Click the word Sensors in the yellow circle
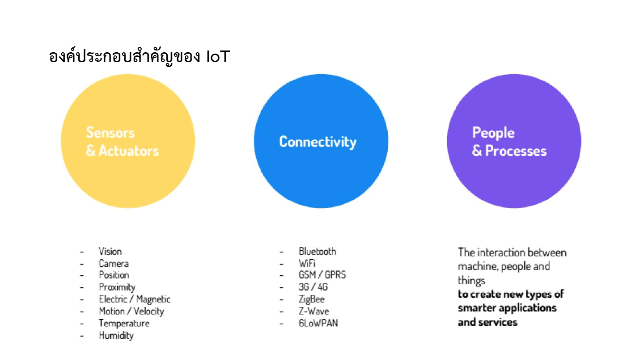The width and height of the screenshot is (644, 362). [110, 133]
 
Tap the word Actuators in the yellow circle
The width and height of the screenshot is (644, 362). [128, 151]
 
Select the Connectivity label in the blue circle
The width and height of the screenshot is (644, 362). [318, 142]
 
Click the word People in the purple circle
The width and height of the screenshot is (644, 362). [493, 133]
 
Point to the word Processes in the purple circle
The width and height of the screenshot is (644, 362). [516, 151]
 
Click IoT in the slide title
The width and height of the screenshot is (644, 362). [218, 56]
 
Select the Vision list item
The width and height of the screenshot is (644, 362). [110, 251]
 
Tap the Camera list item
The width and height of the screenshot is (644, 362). [114, 264]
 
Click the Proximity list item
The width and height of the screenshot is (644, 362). [117, 287]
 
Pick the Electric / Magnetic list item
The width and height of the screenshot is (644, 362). [135, 299]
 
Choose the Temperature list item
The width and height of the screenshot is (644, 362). [124, 324]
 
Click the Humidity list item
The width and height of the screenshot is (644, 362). [116, 336]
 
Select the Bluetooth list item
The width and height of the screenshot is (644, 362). [318, 251]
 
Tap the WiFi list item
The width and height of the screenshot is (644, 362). [307, 264]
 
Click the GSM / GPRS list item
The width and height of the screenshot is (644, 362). [322, 275]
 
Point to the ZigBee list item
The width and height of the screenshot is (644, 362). [312, 299]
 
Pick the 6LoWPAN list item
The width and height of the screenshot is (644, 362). [318, 323]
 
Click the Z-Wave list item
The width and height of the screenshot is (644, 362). [314, 311]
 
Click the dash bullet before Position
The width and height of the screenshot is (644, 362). [82, 276]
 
